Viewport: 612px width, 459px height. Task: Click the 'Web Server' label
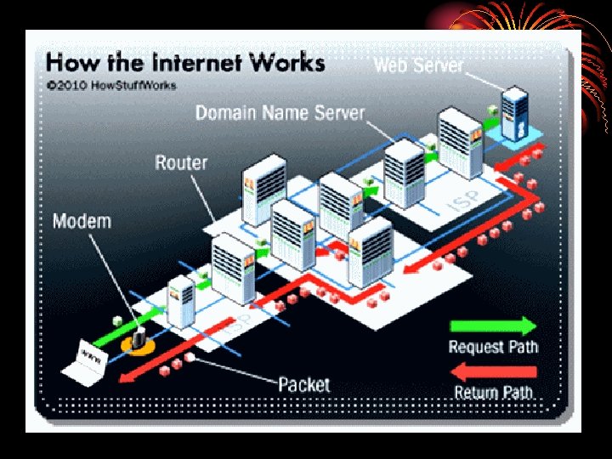[418, 65]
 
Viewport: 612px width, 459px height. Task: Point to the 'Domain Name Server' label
[280, 113]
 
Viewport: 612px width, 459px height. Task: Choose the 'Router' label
[181, 162]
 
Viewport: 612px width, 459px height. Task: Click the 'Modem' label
[82, 222]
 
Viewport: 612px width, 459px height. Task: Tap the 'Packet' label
[303, 384]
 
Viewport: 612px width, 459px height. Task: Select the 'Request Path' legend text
[493, 347]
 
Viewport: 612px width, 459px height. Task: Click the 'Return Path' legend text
[493, 393]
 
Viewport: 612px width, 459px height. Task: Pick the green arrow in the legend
[493, 326]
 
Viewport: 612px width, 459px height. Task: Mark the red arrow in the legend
[493, 371]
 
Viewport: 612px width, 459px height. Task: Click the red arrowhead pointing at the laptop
[126, 379]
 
